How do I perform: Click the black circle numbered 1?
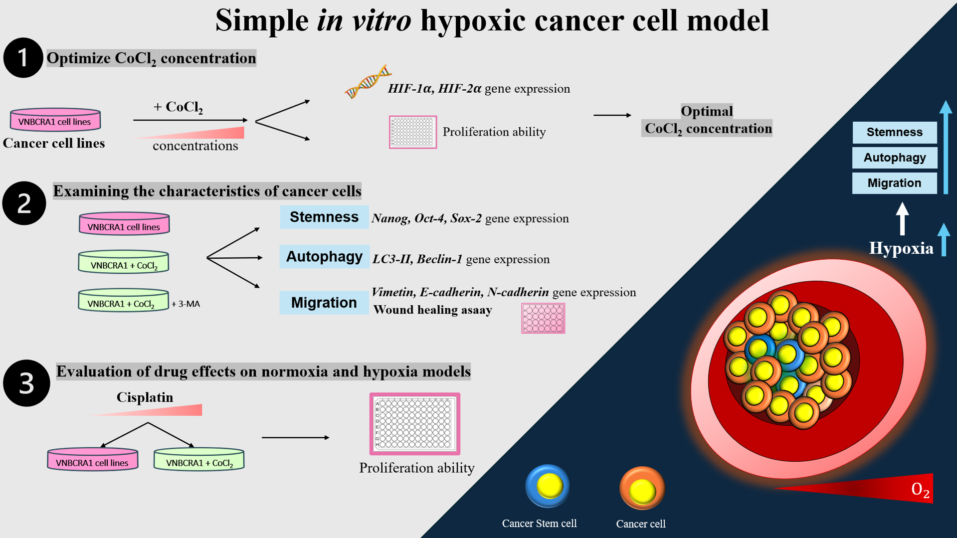(x=23, y=58)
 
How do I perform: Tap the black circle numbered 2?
(x=24, y=203)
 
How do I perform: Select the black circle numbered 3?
(x=26, y=383)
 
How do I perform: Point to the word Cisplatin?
(x=145, y=397)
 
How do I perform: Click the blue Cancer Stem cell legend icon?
(x=547, y=486)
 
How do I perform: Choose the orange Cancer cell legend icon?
(x=642, y=489)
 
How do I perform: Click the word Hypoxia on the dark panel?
(x=901, y=248)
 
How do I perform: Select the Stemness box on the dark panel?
(x=894, y=132)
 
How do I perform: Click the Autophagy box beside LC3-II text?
(x=324, y=257)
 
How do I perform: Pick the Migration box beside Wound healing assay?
(x=324, y=303)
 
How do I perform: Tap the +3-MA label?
(x=186, y=304)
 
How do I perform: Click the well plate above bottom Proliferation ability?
(x=414, y=424)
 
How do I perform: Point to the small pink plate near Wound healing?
(x=543, y=319)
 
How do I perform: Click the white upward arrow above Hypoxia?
(x=902, y=218)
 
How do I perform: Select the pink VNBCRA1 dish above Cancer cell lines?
(x=55, y=120)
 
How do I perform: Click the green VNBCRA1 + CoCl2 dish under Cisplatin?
(x=199, y=460)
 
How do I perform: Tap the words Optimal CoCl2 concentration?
(x=707, y=120)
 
